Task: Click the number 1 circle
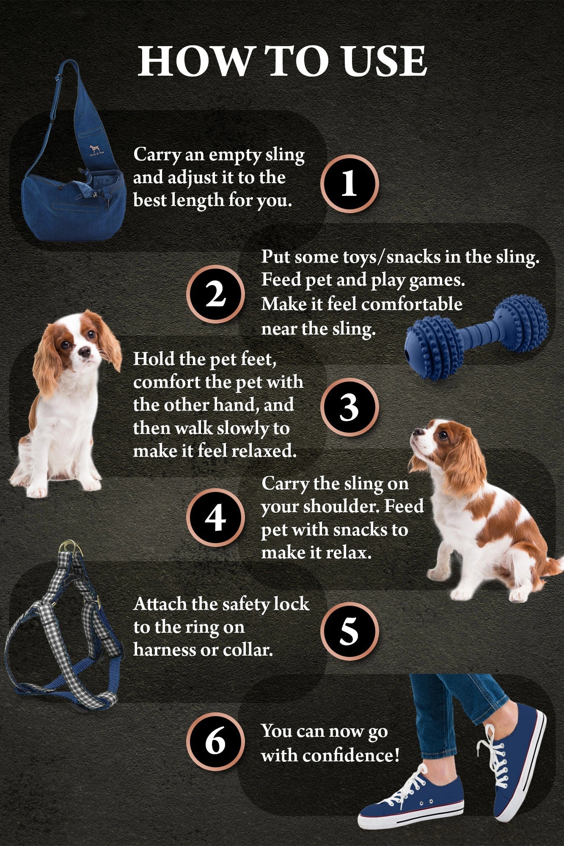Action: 349,184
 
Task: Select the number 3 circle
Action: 349,407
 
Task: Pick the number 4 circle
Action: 216,518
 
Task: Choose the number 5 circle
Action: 349,631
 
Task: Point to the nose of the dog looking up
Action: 416,432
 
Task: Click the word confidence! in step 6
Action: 351,755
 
